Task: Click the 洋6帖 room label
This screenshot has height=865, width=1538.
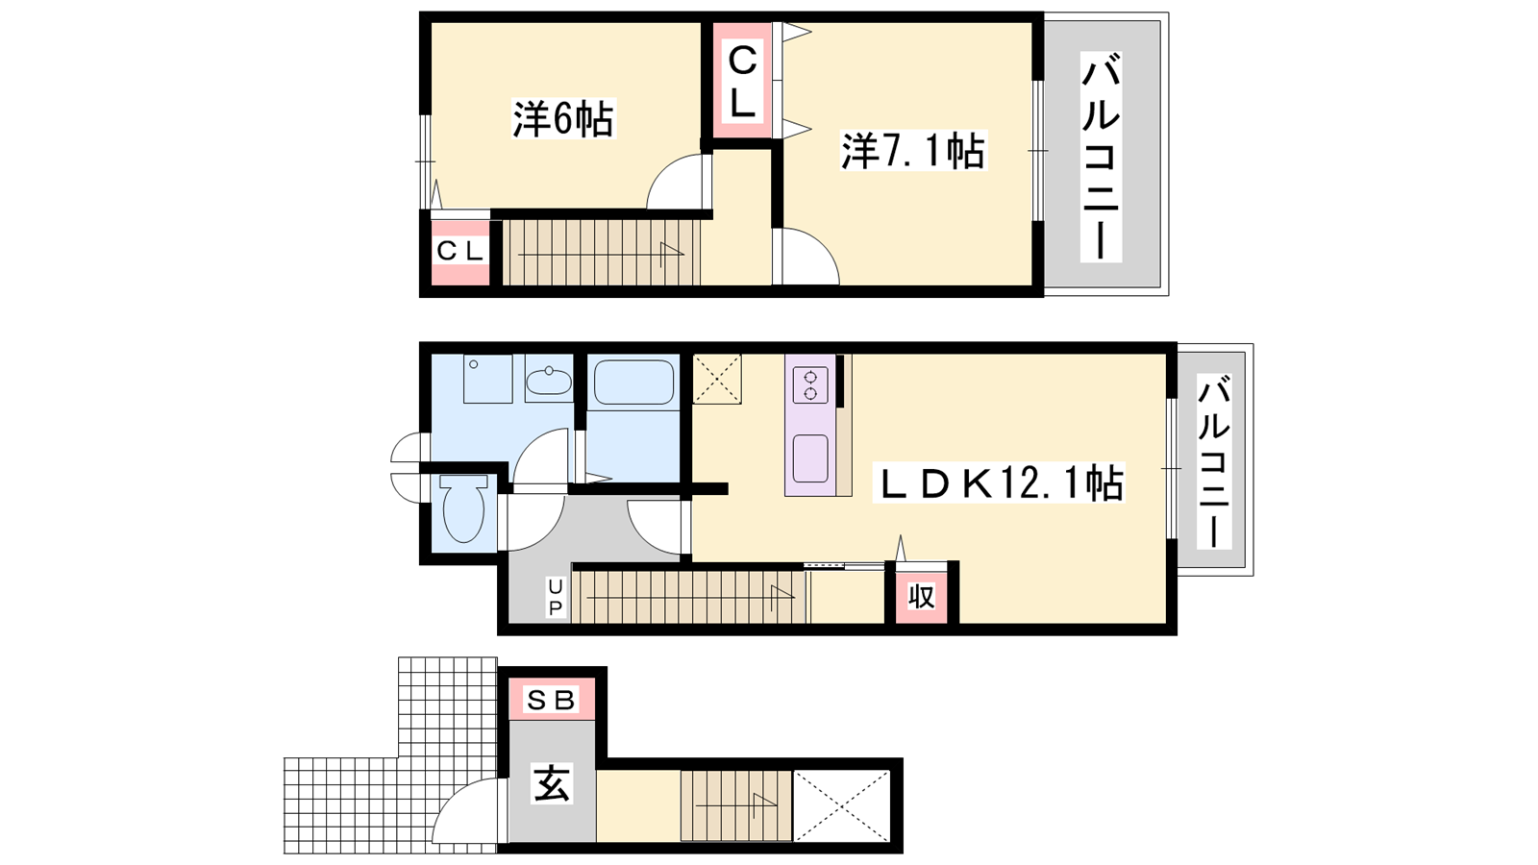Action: tap(563, 119)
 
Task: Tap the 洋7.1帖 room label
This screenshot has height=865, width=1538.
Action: tap(913, 150)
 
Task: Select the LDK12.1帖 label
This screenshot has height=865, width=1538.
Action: tap(998, 482)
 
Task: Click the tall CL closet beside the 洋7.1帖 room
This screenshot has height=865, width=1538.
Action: tap(741, 81)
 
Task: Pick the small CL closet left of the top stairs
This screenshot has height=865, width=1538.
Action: tap(460, 252)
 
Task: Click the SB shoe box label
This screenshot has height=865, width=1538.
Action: tap(551, 701)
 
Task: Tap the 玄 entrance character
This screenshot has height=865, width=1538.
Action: tap(552, 784)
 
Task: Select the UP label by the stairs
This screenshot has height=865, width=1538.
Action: tap(555, 597)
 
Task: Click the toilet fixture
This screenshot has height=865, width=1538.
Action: tap(464, 508)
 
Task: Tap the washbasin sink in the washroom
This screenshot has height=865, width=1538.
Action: tap(549, 379)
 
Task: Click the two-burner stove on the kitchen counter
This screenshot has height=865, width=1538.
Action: tap(810, 384)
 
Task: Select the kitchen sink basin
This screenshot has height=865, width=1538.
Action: tap(810, 458)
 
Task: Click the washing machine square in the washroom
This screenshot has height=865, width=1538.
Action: tap(488, 379)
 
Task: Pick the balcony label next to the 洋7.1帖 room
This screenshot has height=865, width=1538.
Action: tap(1102, 157)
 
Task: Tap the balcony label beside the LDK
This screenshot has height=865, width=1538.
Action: tap(1214, 461)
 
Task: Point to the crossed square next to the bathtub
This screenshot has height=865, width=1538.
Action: tap(717, 379)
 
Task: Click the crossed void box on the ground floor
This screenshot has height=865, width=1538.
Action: tap(842, 806)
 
